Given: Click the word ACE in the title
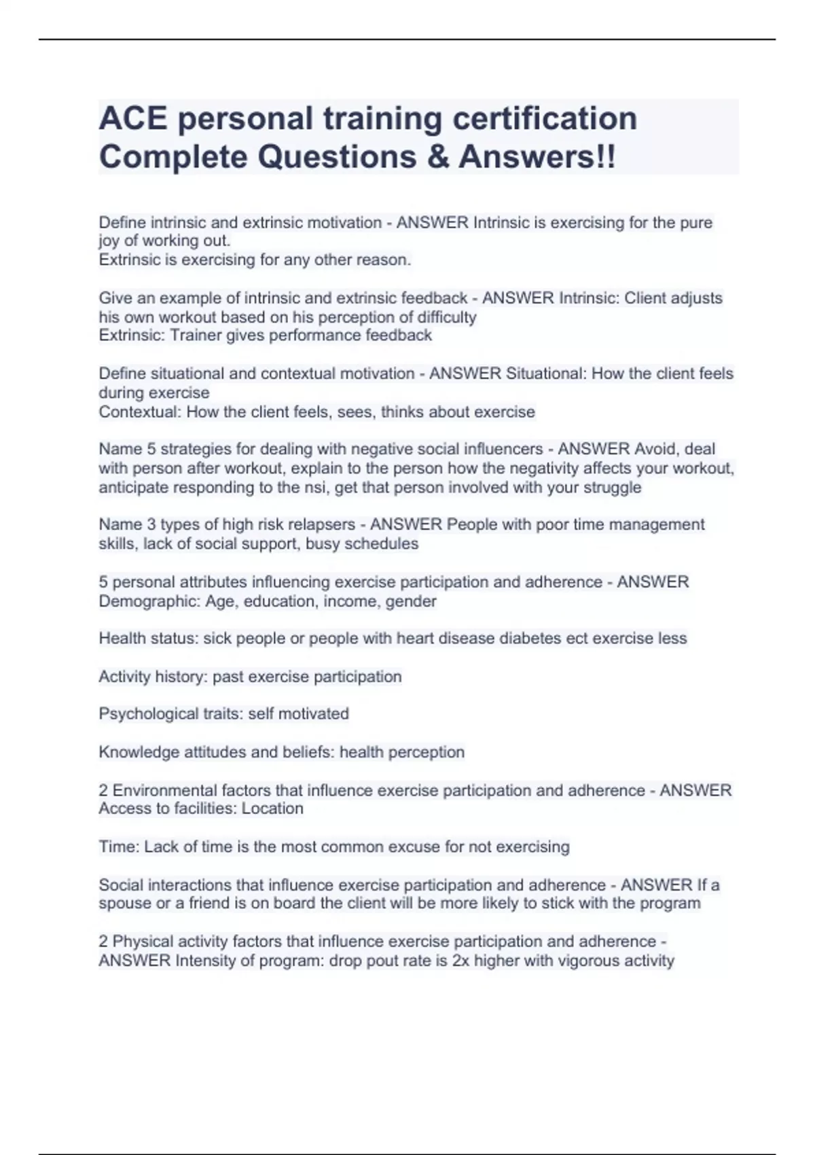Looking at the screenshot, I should coord(132,118).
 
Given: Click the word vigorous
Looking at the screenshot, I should coord(589,961).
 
